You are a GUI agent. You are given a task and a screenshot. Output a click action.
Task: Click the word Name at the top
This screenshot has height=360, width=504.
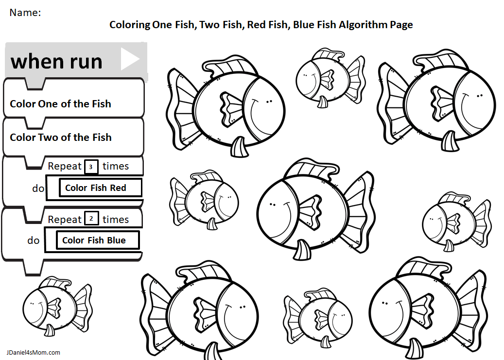click(24, 13)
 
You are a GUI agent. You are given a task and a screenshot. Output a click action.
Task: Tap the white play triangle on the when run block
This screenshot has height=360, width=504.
click(129, 59)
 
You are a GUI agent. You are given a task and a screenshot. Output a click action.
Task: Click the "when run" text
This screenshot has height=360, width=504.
click(56, 62)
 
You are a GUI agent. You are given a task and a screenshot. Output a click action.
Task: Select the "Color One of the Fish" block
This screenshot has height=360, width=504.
click(60, 103)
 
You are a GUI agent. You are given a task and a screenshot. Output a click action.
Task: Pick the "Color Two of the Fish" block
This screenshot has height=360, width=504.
click(61, 137)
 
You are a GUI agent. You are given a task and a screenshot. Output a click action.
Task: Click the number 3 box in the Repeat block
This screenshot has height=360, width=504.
click(91, 167)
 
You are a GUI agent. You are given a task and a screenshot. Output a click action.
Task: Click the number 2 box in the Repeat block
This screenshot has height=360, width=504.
click(91, 219)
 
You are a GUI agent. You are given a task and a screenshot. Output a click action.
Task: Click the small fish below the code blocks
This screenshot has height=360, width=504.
click(56, 305)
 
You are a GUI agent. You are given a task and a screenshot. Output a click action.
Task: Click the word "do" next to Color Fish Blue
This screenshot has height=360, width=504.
click(33, 240)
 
